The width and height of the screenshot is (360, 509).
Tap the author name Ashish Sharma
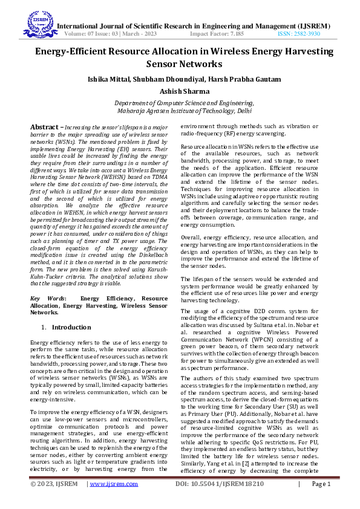pyautogui.click(x=180, y=91)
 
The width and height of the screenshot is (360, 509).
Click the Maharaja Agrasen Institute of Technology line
pyautogui.click(x=180, y=111)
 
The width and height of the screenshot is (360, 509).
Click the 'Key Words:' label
pyautogui.click(x=48, y=299)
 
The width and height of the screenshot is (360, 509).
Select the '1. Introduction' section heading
pyautogui.click(x=65, y=327)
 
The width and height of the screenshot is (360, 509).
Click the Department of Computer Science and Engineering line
pyautogui.click(x=180, y=103)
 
